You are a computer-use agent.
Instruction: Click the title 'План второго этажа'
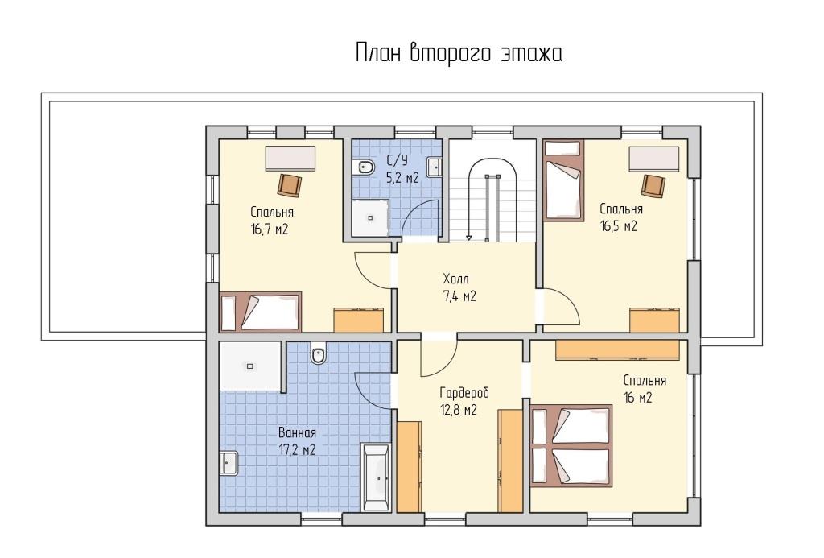[459, 54]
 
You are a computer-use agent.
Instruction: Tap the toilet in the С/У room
[366, 167]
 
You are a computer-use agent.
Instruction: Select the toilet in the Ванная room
[318, 356]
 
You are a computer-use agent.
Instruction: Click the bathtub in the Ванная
[376, 477]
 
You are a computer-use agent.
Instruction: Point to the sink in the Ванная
[229, 463]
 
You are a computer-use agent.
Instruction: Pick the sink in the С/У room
[434, 167]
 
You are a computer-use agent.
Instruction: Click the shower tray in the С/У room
[370, 217]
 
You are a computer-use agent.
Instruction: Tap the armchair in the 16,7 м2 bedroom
[290, 185]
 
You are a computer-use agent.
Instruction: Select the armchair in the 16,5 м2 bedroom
[653, 185]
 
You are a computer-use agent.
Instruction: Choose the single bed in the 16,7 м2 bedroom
[260, 312]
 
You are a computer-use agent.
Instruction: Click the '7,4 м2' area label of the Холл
[459, 296]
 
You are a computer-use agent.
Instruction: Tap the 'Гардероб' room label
[464, 393]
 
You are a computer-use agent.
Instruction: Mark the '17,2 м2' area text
[297, 450]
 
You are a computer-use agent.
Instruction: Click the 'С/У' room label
[398, 160]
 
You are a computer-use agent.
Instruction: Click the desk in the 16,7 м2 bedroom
[290, 159]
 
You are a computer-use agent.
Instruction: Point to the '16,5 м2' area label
[619, 226]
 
